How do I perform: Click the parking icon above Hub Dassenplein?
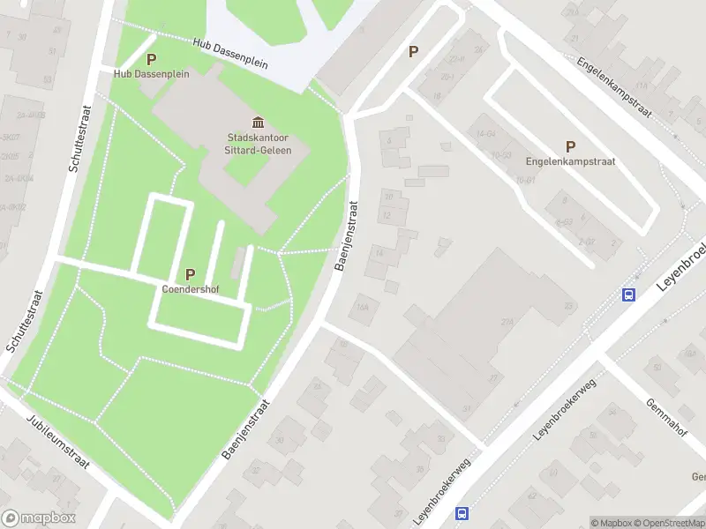coord(151,59)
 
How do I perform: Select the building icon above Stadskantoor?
coord(258,122)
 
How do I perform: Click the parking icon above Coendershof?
coord(190,274)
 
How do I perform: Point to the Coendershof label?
coord(190,288)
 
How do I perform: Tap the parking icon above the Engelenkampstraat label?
coord(570,146)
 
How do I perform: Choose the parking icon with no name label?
coord(413,52)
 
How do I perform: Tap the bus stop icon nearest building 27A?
coord(629,294)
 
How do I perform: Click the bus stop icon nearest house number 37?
coord(461,513)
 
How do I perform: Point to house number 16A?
coord(360,308)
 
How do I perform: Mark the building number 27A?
coord(507,324)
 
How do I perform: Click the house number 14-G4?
coord(485,134)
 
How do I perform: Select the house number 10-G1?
coord(525,179)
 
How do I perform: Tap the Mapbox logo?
coord(39,518)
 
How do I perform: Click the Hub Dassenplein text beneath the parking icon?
coord(151,74)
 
